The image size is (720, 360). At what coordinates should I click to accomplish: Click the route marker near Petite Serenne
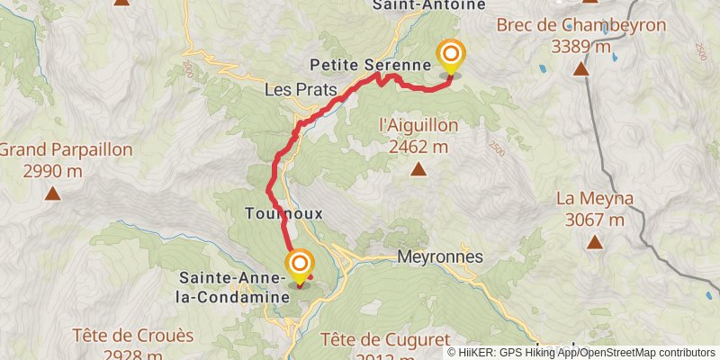click(x=450, y=58)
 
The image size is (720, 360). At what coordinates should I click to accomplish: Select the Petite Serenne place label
click(x=370, y=65)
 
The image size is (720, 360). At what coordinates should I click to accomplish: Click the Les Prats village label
click(x=301, y=90)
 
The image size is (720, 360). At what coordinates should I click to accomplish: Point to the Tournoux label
click(x=283, y=213)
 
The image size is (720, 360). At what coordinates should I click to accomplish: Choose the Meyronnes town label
click(x=440, y=256)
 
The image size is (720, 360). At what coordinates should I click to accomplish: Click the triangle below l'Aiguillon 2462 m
click(x=418, y=169)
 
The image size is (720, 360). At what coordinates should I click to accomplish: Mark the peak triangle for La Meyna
click(x=595, y=241)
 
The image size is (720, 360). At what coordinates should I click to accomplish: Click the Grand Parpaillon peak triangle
click(x=53, y=193)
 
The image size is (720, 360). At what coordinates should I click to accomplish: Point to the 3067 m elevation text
click(x=595, y=219)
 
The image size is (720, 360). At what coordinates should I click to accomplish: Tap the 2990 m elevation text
click(x=53, y=170)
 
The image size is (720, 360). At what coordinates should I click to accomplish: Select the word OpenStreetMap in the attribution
click(x=618, y=353)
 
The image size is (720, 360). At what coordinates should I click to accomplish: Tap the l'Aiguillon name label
click(x=418, y=125)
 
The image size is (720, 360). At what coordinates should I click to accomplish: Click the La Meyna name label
click(x=595, y=198)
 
